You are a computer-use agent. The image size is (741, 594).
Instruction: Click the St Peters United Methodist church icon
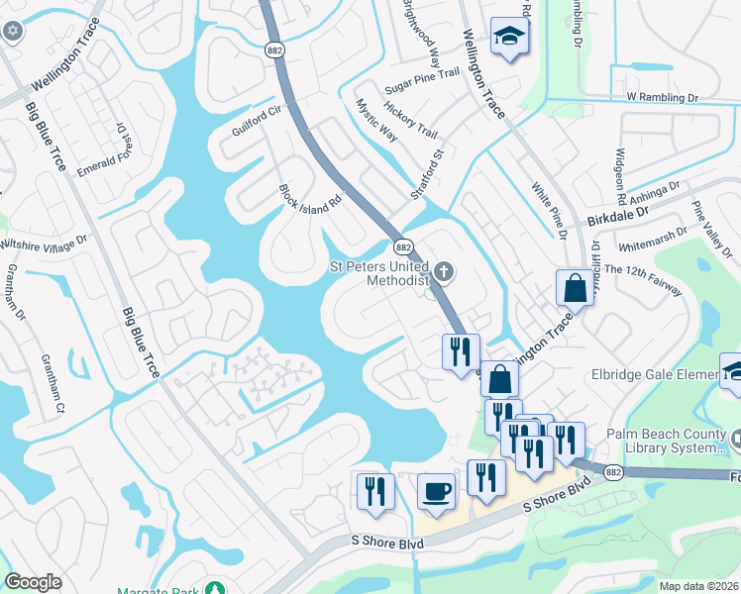445,270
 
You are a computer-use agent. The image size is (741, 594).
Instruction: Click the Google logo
33,582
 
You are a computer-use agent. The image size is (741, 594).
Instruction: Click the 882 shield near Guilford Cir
273,49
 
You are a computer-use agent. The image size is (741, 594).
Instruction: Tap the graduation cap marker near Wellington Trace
509,36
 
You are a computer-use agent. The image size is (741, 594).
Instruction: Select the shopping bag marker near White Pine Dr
575,288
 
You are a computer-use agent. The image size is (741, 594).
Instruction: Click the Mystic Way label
376,120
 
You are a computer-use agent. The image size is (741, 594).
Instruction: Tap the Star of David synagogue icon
13,31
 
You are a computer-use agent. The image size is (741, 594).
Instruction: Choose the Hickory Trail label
410,121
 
